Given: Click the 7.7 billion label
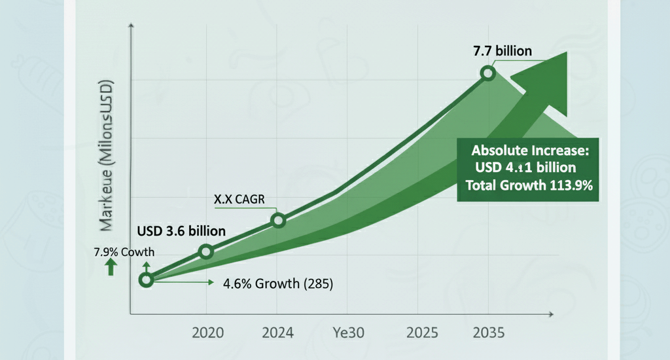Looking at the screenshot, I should point(503,50).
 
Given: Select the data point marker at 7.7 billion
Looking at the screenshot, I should point(487,73).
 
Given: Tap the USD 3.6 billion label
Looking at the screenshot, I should point(181,231).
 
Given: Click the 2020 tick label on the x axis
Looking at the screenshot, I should point(207,333).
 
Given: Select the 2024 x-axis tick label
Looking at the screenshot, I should point(277,333).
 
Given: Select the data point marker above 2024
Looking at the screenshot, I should point(278,221).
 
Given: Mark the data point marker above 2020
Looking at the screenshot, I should point(206,251).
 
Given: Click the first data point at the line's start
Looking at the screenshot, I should point(146,280).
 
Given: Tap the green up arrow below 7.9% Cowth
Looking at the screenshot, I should point(111,266).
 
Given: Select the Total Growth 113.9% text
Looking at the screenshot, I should point(529,185).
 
